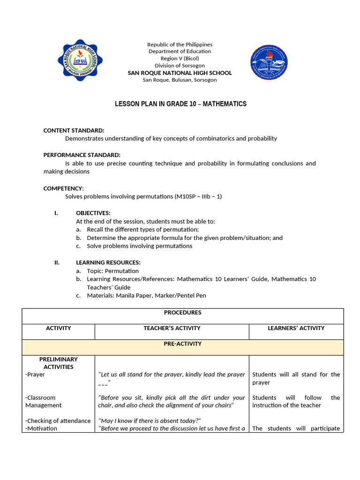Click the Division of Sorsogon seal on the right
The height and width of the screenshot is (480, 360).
coord(270,62)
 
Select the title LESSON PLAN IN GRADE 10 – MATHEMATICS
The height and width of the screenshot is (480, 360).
coord(180,104)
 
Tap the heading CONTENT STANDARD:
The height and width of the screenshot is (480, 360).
coord(74,130)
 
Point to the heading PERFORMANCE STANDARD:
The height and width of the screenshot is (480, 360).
coord(82,155)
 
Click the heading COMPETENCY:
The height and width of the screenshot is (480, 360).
coord(63,188)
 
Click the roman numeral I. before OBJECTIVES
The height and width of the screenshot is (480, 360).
coord(56,213)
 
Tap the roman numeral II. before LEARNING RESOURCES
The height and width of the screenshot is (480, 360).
coord(57,262)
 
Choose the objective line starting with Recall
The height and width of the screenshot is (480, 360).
coord(142,229)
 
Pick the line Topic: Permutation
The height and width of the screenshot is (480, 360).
coord(112,271)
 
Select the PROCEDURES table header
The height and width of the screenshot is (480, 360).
coord(182,313)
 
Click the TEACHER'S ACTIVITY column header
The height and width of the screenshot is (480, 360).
coord(172,328)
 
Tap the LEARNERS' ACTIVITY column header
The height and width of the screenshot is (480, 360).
coord(296,328)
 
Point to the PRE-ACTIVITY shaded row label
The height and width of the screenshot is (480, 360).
coord(182,344)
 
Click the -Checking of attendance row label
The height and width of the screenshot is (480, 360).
coord(58,421)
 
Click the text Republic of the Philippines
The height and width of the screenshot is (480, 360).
coord(180,45)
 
